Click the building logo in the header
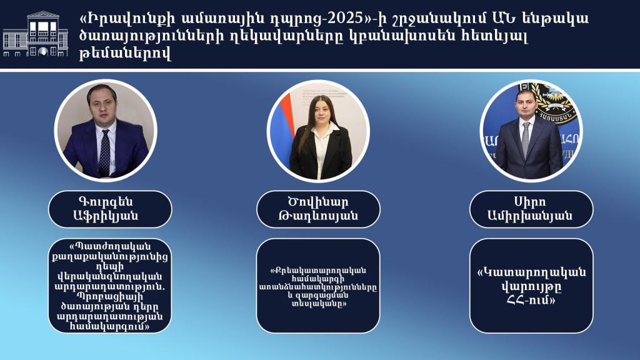pyautogui.click(x=35, y=35)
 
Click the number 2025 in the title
pyautogui.click(x=341, y=18)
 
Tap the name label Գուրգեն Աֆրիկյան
pyautogui.click(x=110, y=209)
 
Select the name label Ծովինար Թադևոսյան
pyautogui.click(x=318, y=209)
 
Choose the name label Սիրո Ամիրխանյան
pyautogui.click(x=531, y=209)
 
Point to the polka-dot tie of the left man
pyautogui.click(x=104, y=152)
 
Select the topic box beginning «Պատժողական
pyautogui.click(x=110, y=286)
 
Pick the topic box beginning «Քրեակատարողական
pyautogui.click(x=318, y=286)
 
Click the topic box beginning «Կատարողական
pyautogui.click(x=531, y=286)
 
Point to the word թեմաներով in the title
pyautogui.click(x=125, y=54)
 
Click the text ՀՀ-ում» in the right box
pyautogui.click(x=531, y=300)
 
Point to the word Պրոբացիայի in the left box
pyautogui.click(x=110, y=296)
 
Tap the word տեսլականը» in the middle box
pyautogui.click(x=319, y=304)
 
